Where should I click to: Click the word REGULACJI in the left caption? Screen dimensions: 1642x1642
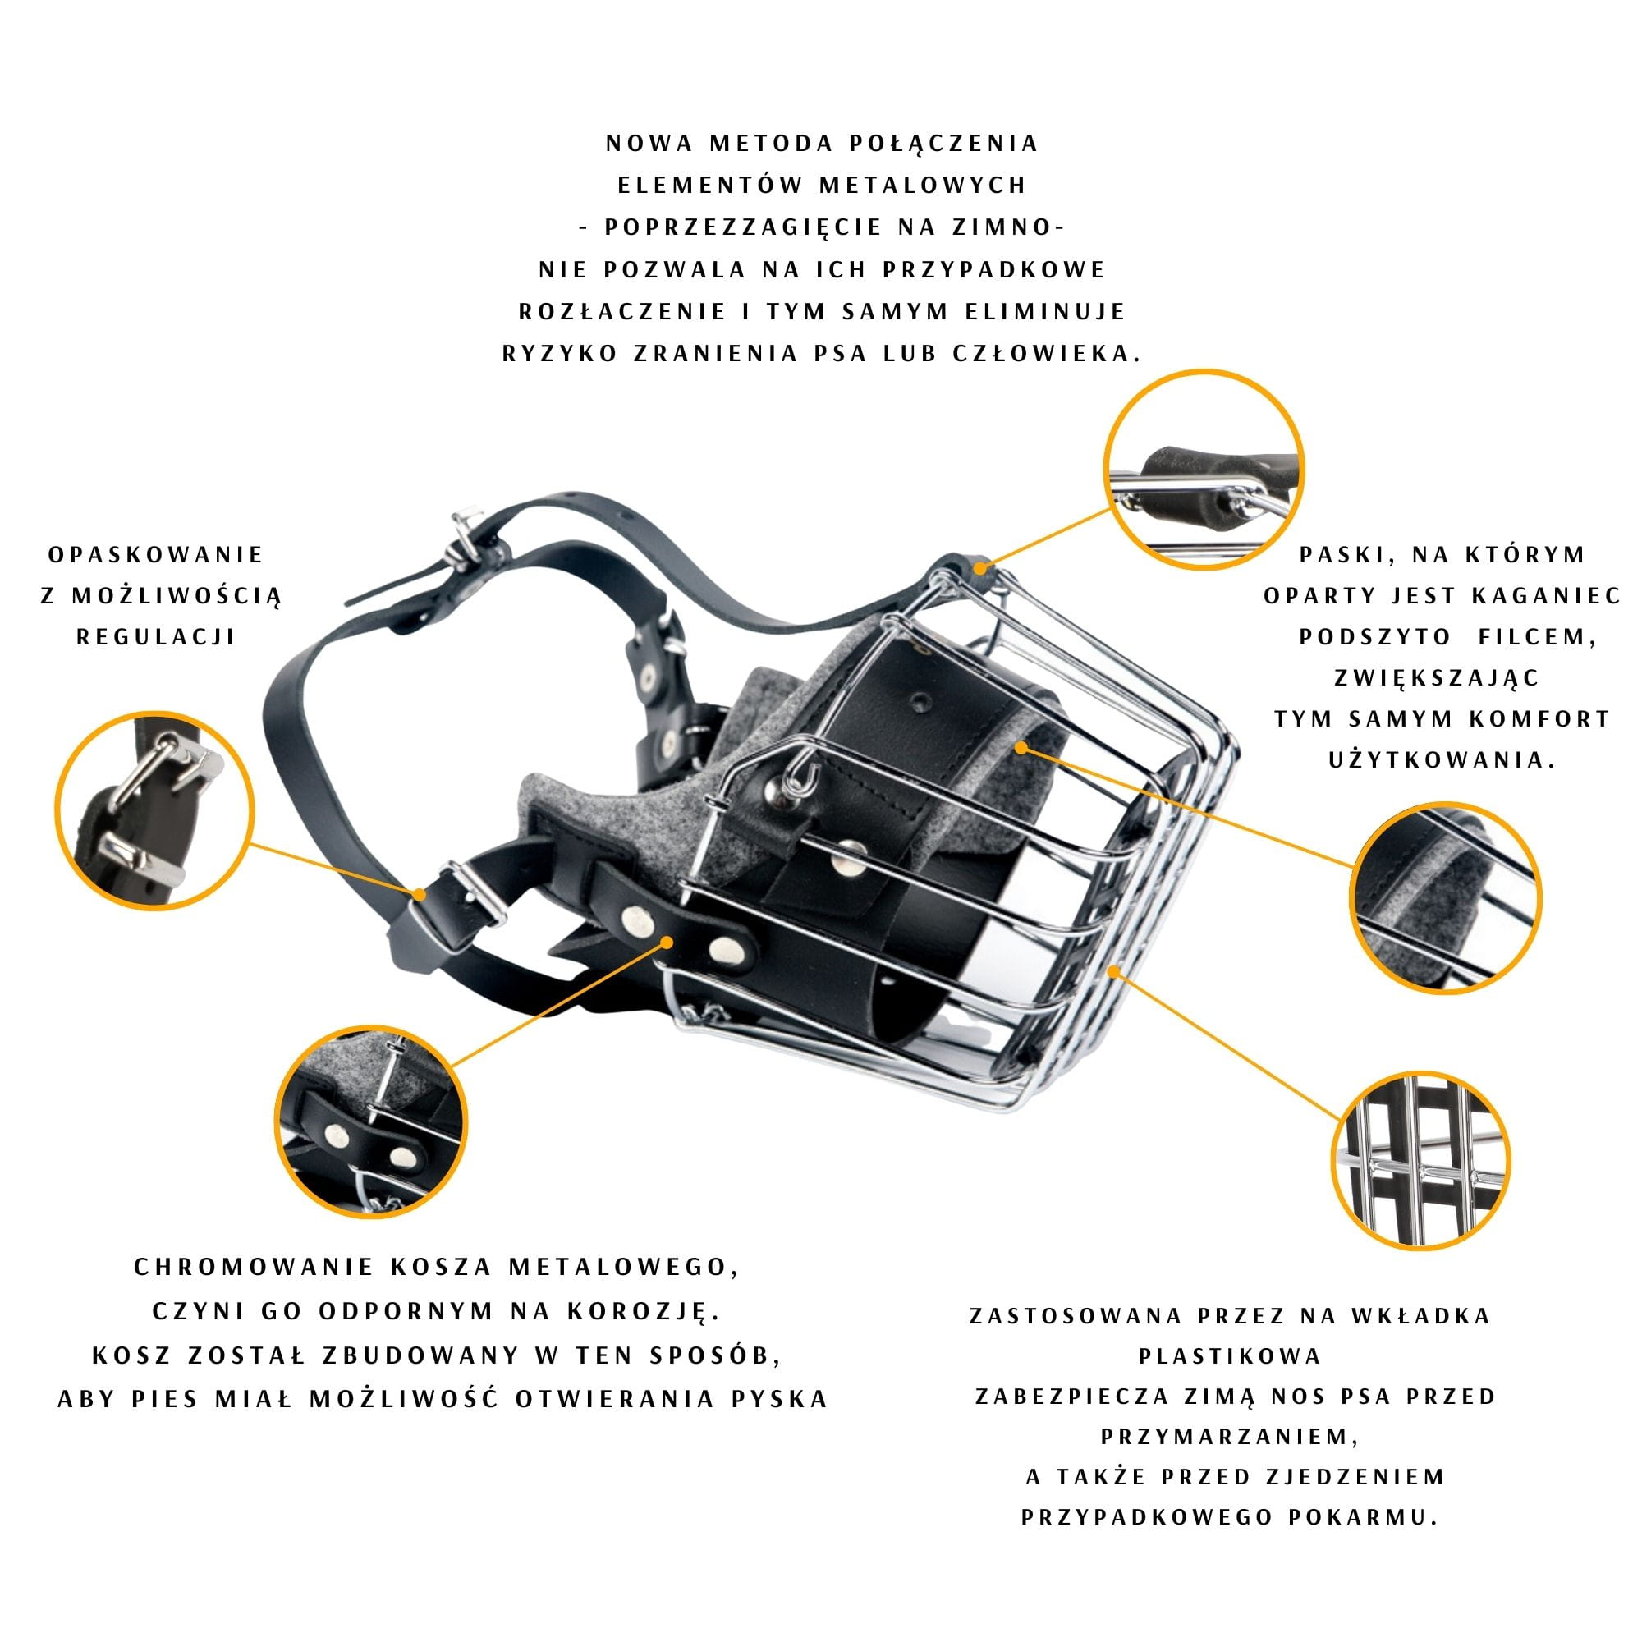coord(156,637)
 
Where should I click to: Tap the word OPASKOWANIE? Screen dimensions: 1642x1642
coord(156,555)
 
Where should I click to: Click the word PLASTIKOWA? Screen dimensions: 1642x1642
coord(1231,1355)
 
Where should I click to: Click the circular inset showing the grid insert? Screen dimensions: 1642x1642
coord(1420,1161)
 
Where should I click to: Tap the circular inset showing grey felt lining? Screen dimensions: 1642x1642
coord(1446,897)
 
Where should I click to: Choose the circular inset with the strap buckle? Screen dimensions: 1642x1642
coord(154,810)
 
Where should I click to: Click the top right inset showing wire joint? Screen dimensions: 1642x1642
coord(1204,469)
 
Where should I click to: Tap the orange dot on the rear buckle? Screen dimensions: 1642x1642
coord(420,894)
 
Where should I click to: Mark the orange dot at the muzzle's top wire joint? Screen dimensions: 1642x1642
coord(980,565)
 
